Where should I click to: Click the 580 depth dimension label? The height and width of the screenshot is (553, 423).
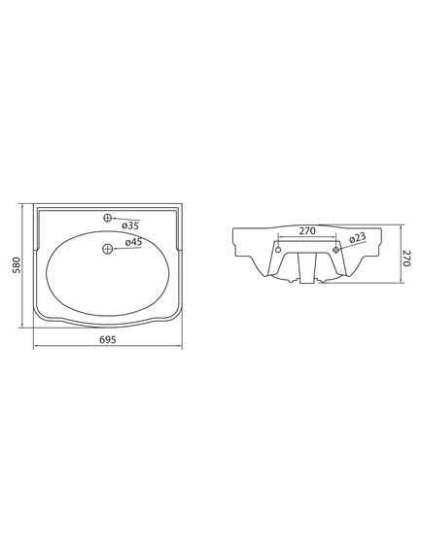click(17, 265)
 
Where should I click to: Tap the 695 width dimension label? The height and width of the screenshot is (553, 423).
click(108, 339)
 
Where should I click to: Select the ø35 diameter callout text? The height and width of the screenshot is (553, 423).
click(130, 225)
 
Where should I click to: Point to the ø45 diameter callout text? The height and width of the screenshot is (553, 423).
click(134, 242)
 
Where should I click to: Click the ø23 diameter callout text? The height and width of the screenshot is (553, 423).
click(358, 238)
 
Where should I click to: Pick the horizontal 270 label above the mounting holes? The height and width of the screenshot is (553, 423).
click(307, 231)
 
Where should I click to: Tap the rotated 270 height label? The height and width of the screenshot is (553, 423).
click(407, 259)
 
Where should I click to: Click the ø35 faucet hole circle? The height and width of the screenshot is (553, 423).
click(108, 218)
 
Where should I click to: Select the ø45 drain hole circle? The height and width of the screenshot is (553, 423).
click(107, 249)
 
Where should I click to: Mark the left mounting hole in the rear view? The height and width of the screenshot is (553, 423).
click(278, 250)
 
